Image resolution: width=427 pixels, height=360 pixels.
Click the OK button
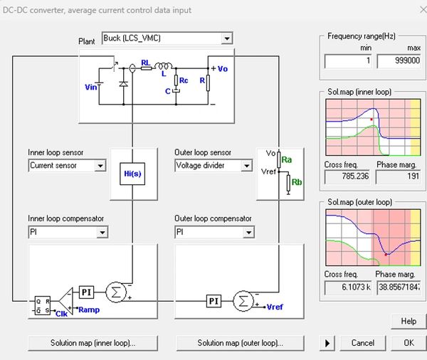click(x=408, y=343)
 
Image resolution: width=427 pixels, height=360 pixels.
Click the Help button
click(x=408, y=321)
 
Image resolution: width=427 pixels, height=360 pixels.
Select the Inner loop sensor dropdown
click(x=67, y=166)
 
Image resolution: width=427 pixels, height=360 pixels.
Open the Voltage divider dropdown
click(x=213, y=166)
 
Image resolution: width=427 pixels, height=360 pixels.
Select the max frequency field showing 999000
click(x=398, y=61)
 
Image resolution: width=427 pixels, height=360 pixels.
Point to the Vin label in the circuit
click(x=90, y=87)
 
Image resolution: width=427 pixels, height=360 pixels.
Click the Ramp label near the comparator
click(x=89, y=309)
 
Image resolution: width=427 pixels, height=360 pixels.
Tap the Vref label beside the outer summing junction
click(x=274, y=307)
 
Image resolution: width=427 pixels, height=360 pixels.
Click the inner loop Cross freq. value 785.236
click(x=347, y=177)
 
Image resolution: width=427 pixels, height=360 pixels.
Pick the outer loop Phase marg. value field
click(x=398, y=287)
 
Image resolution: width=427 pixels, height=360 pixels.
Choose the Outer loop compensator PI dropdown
click(x=213, y=232)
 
